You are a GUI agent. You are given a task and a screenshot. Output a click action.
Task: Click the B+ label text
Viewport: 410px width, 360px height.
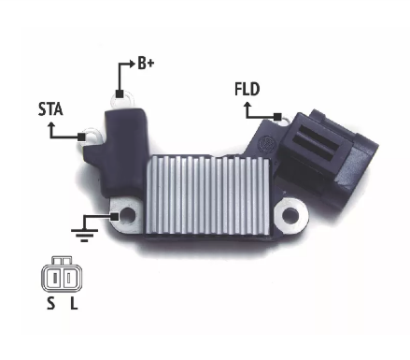point(146,64)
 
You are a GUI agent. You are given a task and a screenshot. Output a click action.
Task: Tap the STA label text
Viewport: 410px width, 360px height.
point(50,109)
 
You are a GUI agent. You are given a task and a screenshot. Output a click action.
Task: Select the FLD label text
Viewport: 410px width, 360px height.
point(247,89)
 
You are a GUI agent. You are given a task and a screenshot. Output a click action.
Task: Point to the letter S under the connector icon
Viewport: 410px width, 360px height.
point(50,303)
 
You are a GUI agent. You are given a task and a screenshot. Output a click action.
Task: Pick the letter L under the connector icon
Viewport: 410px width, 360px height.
point(74,303)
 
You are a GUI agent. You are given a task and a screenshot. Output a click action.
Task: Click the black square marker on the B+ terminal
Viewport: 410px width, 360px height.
point(120,94)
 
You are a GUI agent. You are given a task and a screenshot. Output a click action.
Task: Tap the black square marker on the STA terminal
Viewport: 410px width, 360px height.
point(81,137)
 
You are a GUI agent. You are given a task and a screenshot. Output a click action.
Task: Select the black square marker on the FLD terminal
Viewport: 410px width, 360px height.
point(277,117)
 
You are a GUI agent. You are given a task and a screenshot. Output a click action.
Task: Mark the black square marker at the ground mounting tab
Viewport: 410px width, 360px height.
point(115,217)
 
